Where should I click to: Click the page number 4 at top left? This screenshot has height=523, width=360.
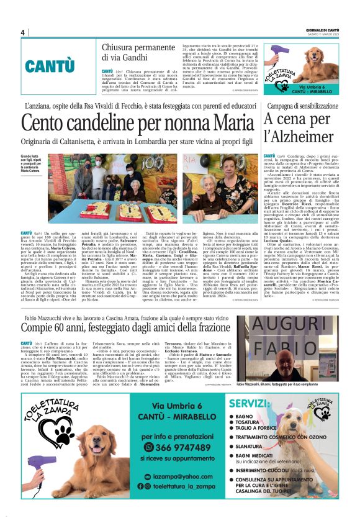[x=22, y=32]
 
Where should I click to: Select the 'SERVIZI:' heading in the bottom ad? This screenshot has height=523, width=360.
[x=248, y=404]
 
